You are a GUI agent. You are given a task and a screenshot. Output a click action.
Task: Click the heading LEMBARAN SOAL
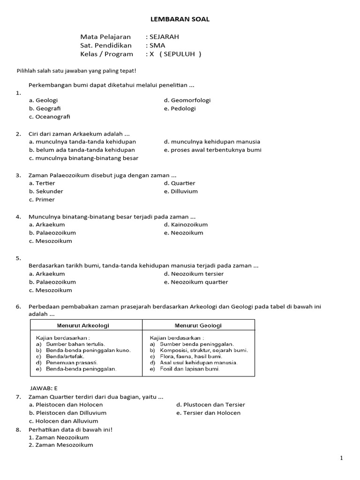click(x=180, y=19)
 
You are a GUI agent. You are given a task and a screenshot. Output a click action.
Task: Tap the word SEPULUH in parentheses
click(x=180, y=54)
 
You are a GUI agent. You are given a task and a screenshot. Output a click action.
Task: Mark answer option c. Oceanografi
click(x=49, y=117)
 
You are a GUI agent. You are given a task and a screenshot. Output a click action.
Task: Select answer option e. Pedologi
click(x=180, y=109)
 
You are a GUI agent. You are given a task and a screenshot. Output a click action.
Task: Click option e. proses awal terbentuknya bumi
click(x=212, y=150)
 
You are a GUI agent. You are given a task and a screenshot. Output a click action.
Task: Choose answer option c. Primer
click(x=42, y=200)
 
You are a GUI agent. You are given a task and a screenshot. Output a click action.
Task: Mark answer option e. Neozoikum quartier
click(x=196, y=282)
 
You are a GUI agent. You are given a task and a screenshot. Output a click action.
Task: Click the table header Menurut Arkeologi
click(x=86, y=325)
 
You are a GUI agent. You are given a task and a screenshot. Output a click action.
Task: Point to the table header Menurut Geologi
click(x=198, y=325)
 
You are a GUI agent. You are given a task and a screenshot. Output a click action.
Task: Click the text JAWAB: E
click(x=44, y=389)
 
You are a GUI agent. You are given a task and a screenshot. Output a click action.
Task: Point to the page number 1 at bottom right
click(x=342, y=458)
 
